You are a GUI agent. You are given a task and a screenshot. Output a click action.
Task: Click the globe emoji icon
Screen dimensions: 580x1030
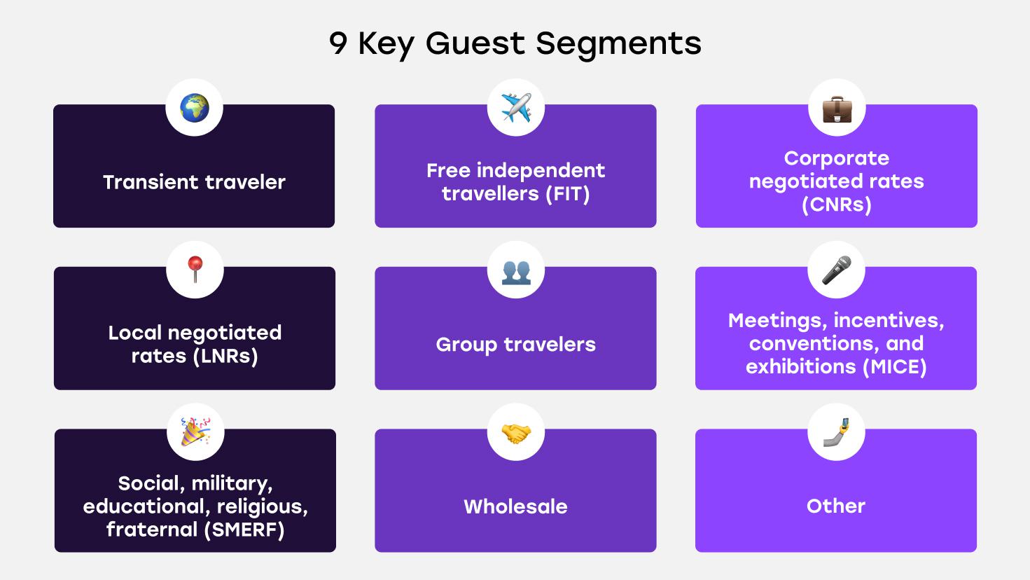click(194, 108)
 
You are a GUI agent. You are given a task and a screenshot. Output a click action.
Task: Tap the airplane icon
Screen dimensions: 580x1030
click(515, 108)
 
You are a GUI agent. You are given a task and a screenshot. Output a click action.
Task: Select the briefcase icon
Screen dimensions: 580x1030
click(837, 109)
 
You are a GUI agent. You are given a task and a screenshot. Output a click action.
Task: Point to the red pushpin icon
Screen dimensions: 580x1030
click(195, 270)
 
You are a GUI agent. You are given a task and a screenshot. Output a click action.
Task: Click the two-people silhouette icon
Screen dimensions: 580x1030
click(516, 271)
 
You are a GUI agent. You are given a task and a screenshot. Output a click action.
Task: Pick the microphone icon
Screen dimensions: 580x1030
click(837, 270)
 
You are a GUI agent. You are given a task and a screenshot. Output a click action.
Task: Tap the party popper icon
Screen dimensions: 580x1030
click(195, 432)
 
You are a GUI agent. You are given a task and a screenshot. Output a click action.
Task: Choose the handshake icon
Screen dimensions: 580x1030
click(516, 433)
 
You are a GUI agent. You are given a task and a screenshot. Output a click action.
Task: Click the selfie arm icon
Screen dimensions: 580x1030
click(836, 432)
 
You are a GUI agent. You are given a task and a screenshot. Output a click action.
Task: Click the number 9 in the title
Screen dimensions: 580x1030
click(337, 44)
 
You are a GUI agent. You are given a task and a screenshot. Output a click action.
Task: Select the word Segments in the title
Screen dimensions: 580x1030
click(618, 44)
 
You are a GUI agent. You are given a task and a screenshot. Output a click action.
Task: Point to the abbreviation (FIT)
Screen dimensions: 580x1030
click(567, 194)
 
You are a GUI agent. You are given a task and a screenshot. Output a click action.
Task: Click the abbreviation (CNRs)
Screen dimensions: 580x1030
click(836, 205)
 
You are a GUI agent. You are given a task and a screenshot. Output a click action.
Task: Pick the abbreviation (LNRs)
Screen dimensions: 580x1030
click(225, 356)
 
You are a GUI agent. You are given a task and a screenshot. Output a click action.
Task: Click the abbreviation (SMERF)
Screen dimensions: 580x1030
click(244, 530)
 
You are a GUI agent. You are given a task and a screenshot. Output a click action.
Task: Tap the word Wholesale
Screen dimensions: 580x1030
click(515, 506)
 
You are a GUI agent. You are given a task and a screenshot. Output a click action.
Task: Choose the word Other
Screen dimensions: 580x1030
click(836, 506)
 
